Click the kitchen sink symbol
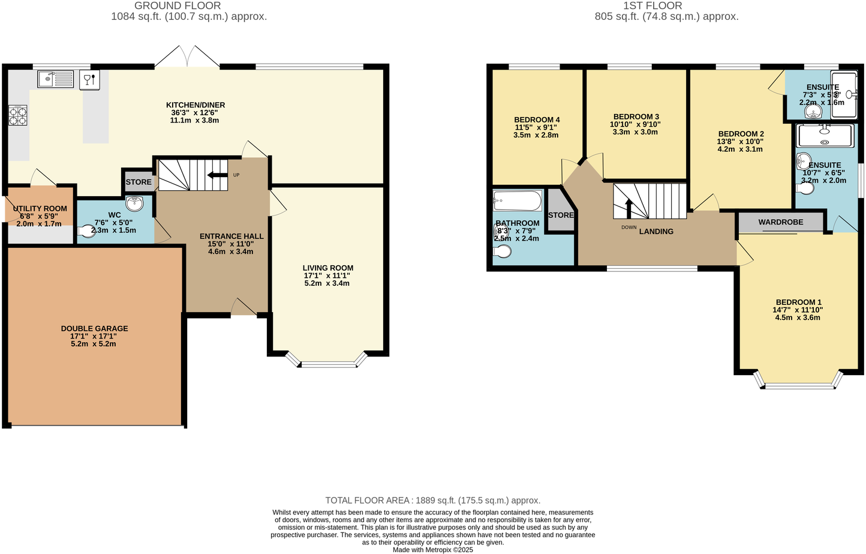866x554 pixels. (x=55, y=79)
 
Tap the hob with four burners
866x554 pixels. (x=17, y=115)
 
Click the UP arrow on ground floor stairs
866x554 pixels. (x=214, y=175)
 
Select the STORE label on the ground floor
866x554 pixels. (x=139, y=182)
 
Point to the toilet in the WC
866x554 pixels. (x=86, y=230)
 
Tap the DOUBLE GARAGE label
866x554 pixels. (x=94, y=328)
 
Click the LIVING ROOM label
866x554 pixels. (x=327, y=268)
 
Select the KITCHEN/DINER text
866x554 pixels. (x=196, y=105)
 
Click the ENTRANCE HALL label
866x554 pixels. (x=231, y=236)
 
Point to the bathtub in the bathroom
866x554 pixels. (x=517, y=200)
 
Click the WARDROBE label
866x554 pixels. (x=780, y=222)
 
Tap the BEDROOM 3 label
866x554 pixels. (x=636, y=116)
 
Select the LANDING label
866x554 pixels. (x=656, y=231)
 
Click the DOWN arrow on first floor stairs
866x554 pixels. (x=629, y=208)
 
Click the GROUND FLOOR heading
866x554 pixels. (x=178, y=5)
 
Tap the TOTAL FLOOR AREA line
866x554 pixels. (x=432, y=500)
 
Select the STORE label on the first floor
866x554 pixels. (x=561, y=215)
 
